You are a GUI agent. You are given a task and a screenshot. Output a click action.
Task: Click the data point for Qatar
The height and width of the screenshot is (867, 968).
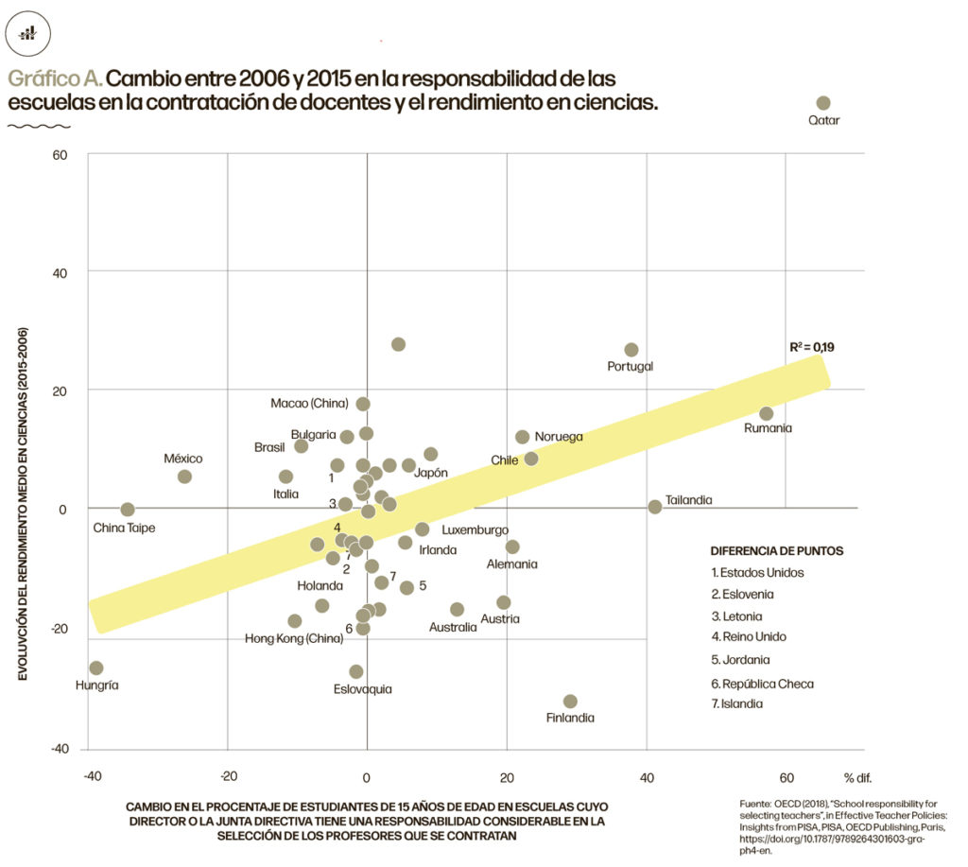[x=822, y=103]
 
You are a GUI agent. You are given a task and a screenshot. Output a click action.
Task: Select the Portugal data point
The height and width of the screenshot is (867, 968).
[x=631, y=350]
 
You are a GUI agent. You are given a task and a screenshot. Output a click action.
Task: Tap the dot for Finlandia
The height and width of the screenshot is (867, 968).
[x=570, y=702]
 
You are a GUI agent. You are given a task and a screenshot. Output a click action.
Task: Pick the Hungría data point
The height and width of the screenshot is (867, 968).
[x=95, y=668]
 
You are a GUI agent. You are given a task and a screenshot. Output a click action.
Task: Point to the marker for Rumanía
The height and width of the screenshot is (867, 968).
[x=766, y=413]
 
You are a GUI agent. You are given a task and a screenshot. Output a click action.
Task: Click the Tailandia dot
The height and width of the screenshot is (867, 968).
[x=655, y=507]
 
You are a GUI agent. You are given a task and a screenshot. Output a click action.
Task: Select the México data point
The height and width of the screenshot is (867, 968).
[x=184, y=477]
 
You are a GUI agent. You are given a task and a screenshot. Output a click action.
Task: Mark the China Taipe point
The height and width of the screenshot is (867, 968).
[x=128, y=510]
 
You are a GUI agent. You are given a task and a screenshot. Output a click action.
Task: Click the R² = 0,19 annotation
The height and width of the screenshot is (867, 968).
[x=812, y=347]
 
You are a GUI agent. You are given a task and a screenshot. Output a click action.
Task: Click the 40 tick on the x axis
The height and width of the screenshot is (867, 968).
[x=647, y=777]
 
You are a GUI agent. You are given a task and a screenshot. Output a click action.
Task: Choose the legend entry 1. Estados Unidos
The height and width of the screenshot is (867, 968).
[x=757, y=572]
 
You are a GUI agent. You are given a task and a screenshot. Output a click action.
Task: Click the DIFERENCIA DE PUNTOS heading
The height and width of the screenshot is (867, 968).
[x=776, y=550]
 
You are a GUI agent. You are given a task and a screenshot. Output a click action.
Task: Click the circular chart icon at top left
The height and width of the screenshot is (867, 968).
[x=28, y=33]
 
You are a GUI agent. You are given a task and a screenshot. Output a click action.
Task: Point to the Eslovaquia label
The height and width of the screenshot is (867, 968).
[x=362, y=689]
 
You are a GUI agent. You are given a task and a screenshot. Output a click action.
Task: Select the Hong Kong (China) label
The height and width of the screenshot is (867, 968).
[x=294, y=638]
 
